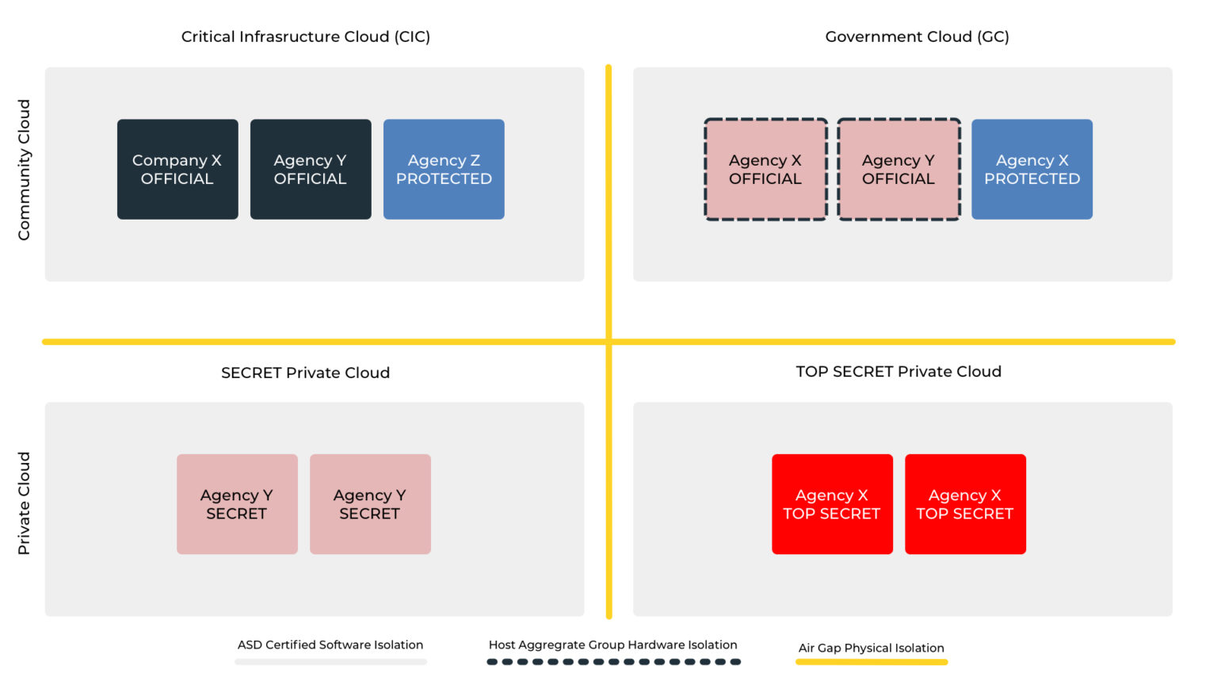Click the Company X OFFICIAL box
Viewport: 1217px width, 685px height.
coord(177,169)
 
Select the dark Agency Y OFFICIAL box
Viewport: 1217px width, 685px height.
coord(311,169)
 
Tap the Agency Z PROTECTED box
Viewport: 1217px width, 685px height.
coord(444,169)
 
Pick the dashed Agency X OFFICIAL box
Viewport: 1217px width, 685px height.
coord(765,169)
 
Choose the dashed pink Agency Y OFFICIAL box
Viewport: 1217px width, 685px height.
coord(898,169)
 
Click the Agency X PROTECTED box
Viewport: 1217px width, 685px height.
coord(1032,169)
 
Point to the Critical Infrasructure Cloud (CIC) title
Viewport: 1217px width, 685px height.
coord(306,36)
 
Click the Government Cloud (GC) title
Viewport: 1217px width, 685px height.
coord(917,36)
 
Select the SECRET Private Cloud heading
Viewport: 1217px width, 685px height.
coord(305,373)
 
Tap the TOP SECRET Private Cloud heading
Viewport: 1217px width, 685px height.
coord(898,372)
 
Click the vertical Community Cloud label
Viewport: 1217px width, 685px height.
coord(24,170)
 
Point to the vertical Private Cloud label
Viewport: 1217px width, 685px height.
coord(24,503)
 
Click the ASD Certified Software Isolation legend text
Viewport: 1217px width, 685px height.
coord(330,645)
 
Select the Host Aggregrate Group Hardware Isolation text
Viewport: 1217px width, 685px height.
coord(612,645)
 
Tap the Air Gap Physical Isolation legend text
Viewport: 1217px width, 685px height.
coord(871,648)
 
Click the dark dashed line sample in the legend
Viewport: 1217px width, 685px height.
coord(613,662)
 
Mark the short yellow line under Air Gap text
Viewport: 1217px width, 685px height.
coord(871,662)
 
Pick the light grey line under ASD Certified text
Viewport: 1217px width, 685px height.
coord(330,662)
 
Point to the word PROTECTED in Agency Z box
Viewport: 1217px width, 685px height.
coord(444,179)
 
